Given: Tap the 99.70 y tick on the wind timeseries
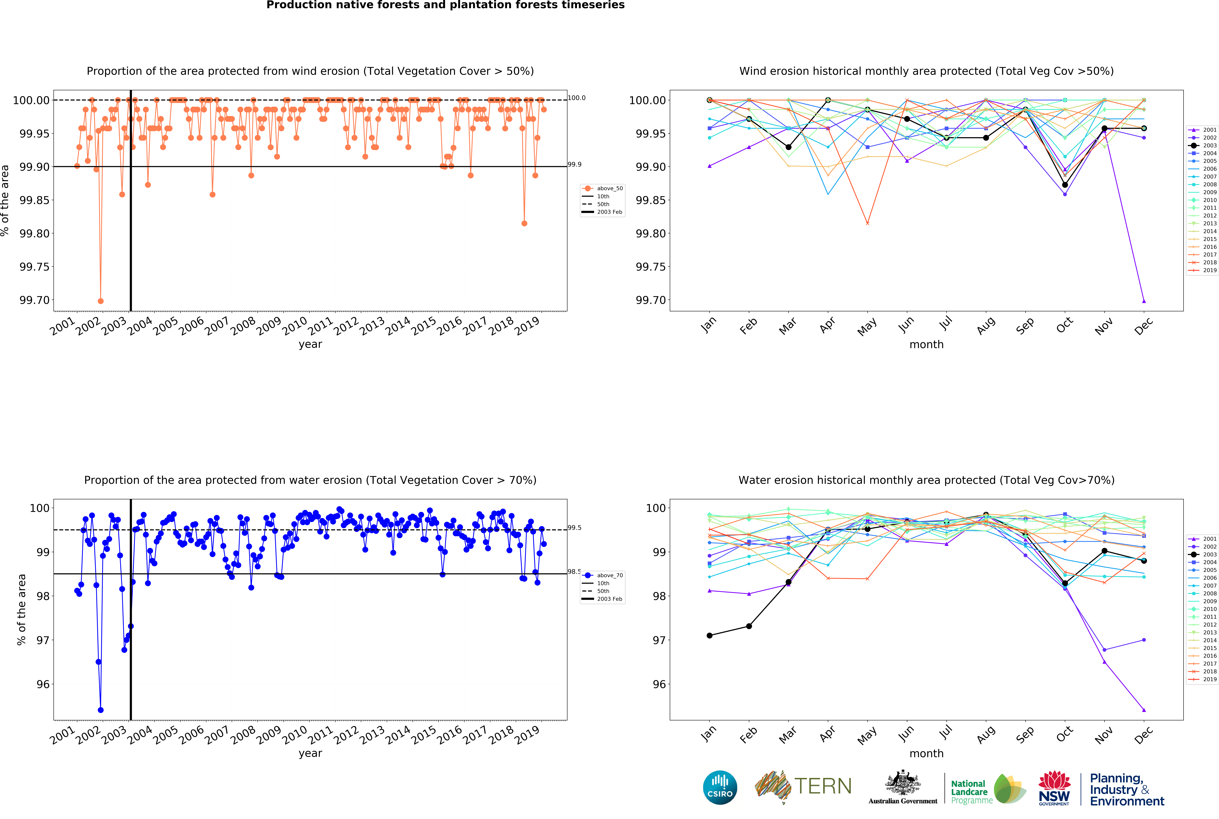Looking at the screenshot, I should (34, 300).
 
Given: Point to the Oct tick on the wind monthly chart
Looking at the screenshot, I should (1064, 325).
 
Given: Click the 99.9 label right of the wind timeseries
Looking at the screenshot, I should (574, 165).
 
